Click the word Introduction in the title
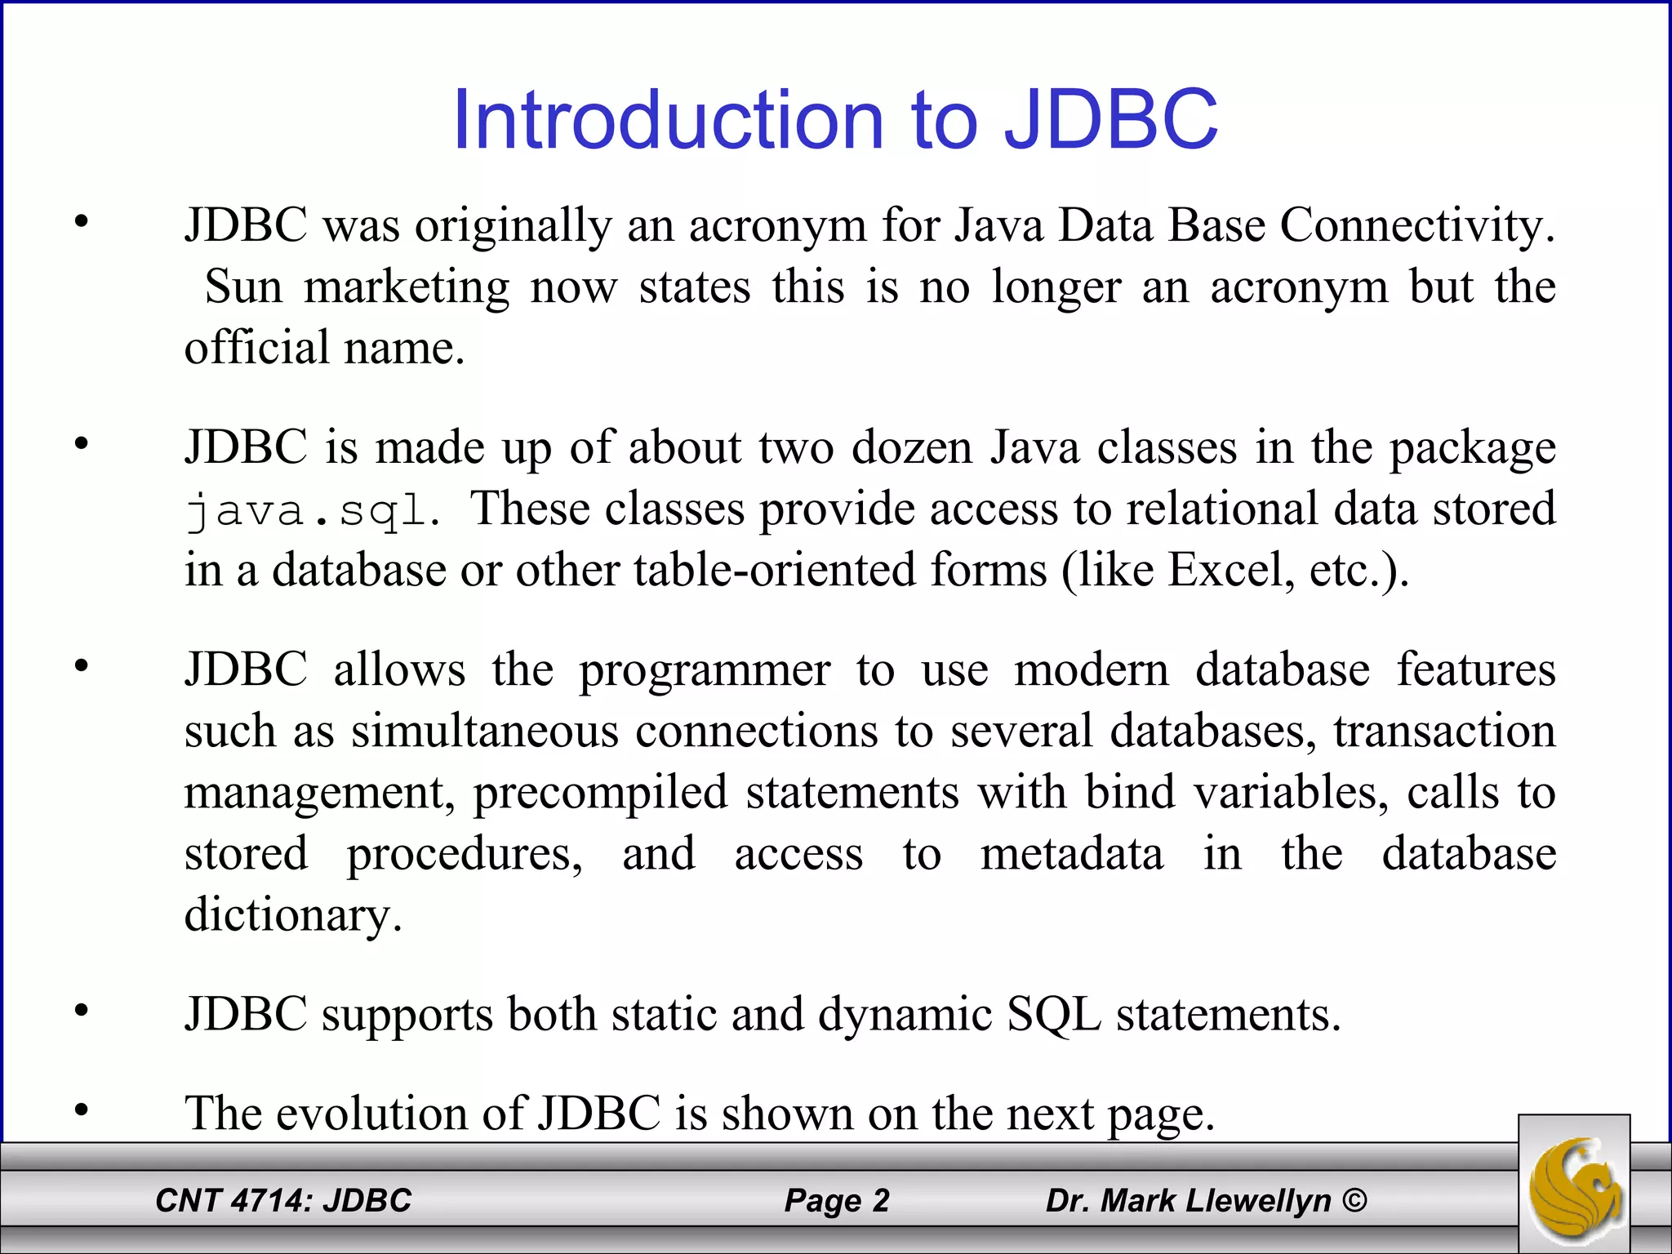(669, 120)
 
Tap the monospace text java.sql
(313, 512)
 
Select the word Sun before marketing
(243, 287)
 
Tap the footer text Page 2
(836, 1201)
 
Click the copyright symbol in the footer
(1354, 1200)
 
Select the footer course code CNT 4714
(234, 1201)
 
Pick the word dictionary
(293, 914)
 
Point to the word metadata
(1071, 854)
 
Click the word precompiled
(600, 793)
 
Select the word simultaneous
(485, 731)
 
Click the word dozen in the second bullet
(912, 447)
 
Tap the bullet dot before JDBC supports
(81, 1012)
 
